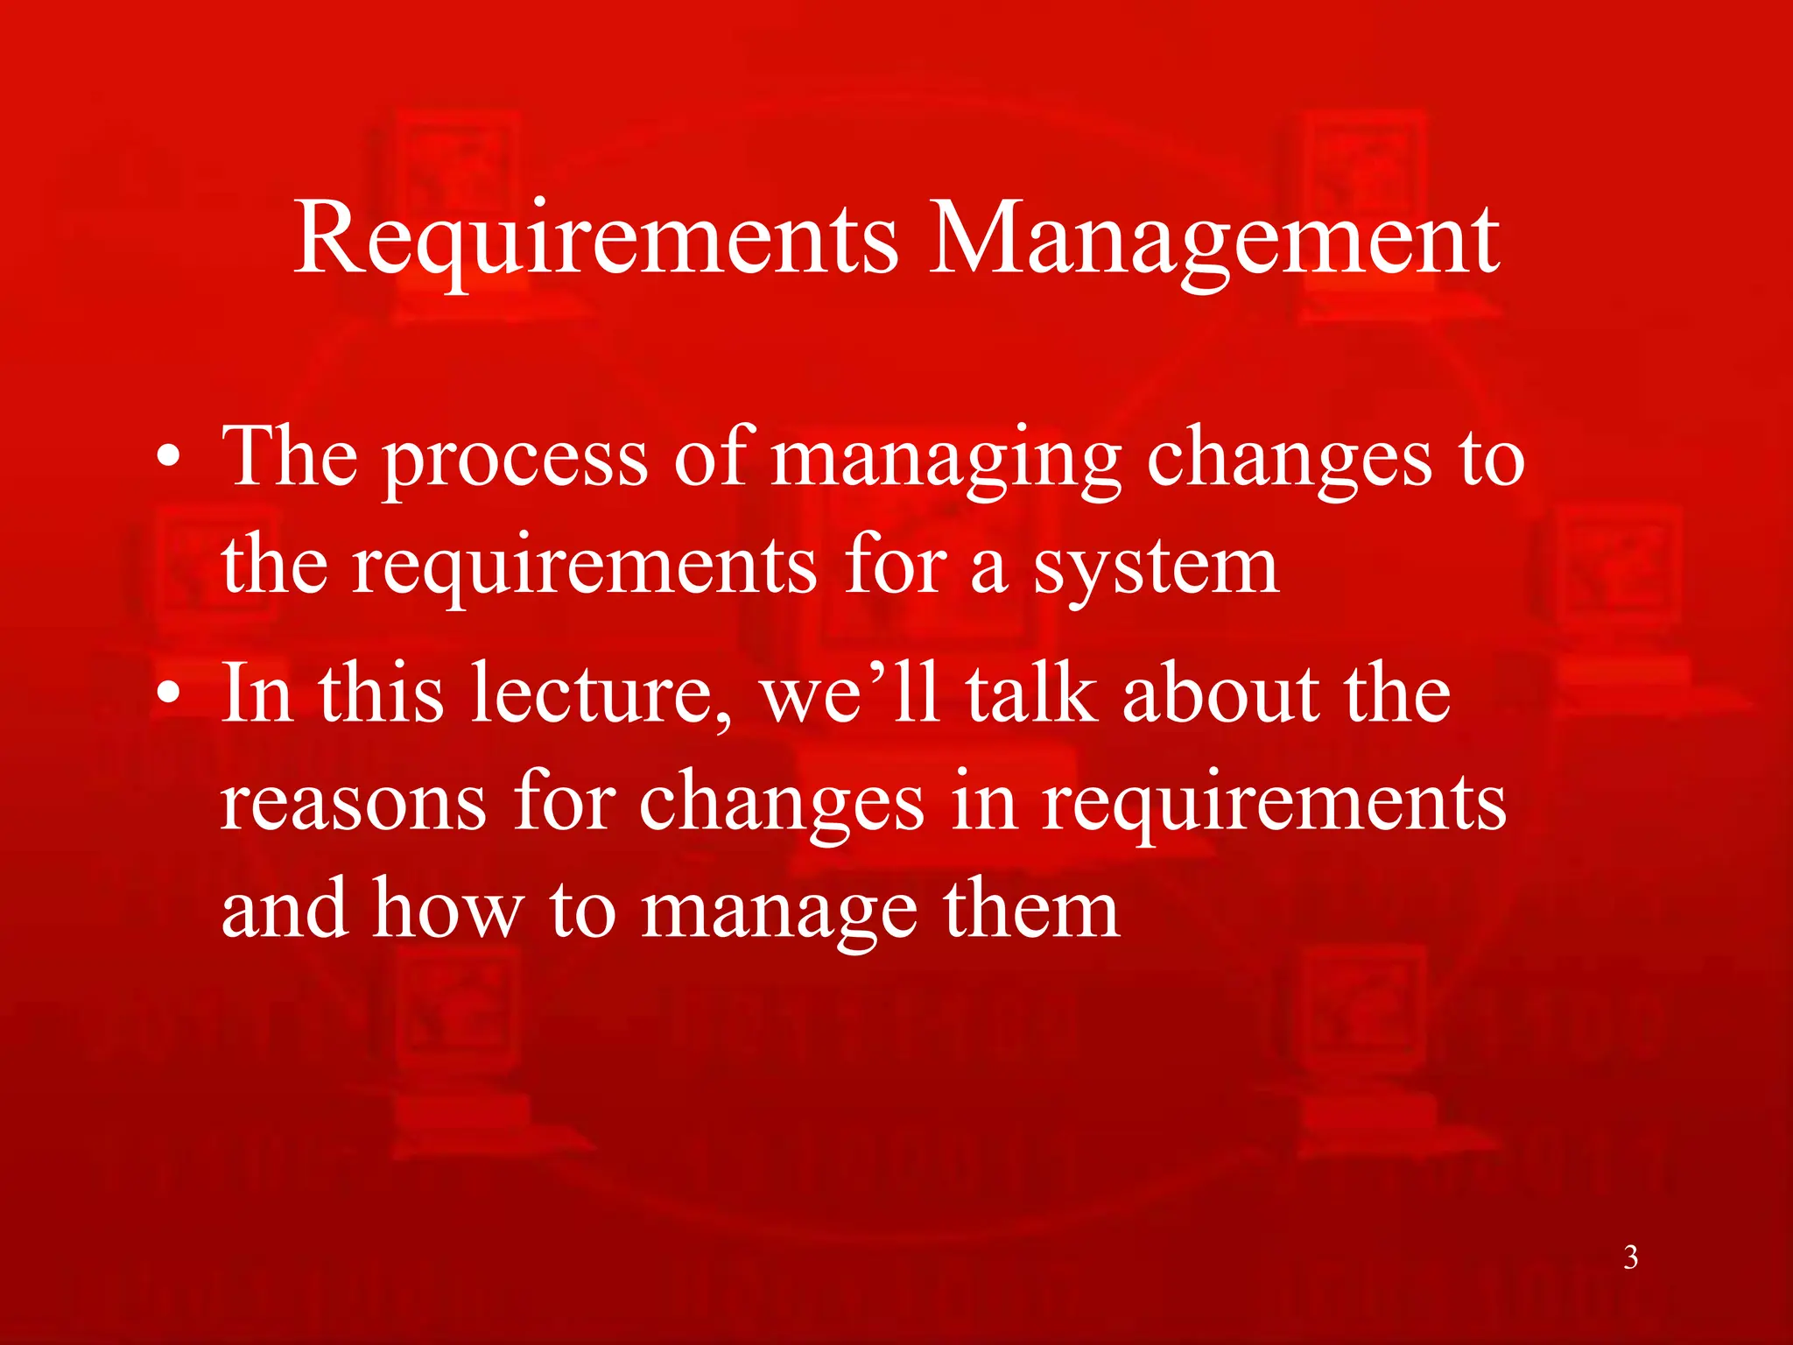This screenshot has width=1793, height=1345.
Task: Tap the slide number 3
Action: (1631, 1257)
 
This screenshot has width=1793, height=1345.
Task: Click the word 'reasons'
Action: (353, 804)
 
